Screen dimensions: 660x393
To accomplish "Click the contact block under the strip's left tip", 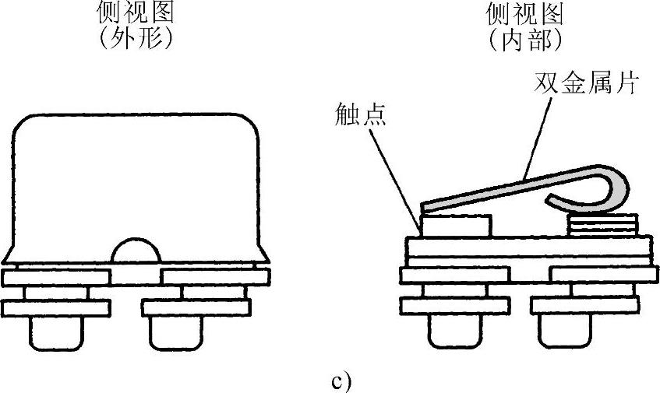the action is pyautogui.click(x=455, y=226).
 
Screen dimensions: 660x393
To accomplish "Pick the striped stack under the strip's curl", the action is pyautogui.click(x=603, y=226).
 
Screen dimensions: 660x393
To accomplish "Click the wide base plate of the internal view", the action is pyautogui.click(x=529, y=249).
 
